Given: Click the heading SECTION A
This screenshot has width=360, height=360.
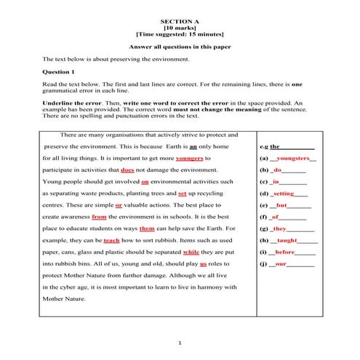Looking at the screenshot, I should click(x=180, y=22).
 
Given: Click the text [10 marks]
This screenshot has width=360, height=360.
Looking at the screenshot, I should click(x=180, y=28).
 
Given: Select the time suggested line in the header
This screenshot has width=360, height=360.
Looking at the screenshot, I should click(x=180, y=35).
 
